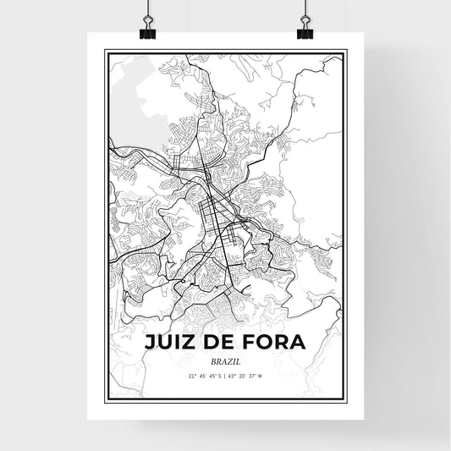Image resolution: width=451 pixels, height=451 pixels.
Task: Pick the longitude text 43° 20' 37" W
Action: [x=247, y=376]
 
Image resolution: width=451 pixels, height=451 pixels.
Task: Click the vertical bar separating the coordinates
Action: [x=225, y=376]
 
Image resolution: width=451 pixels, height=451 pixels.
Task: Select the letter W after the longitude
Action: [x=262, y=376]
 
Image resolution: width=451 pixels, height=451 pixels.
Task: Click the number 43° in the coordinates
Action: [x=234, y=376]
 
